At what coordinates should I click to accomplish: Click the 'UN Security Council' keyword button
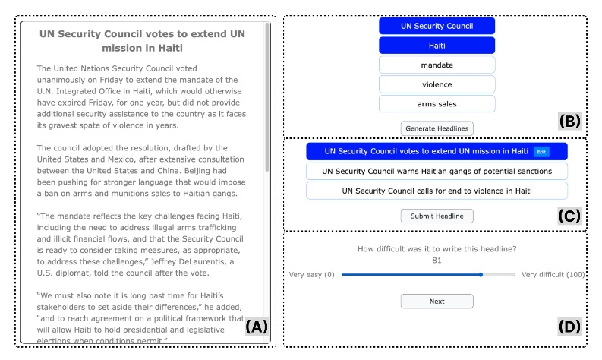(x=437, y=26)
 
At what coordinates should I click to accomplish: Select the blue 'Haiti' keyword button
(x=437, y=46)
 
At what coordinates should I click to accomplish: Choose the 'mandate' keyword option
(x=437, y=65)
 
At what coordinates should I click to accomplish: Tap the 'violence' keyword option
(x=437, y=84)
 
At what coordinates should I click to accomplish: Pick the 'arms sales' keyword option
(x=437, y=103)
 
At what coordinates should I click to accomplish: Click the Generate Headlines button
(x=437, y=128)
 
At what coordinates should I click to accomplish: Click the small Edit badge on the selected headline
(x=541, y=152)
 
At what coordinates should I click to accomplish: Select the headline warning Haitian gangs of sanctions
(x=437, y=171)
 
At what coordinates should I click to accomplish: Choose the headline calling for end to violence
(x=437, y=191)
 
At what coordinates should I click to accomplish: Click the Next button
(x=437, y=301)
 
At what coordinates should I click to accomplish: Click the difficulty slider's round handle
(x=481, y=274)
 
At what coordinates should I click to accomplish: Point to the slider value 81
(x=437, y=261)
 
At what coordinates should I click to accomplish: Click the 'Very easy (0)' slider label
(x=311, y=274)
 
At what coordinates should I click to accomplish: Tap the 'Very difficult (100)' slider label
(x=553, y=274)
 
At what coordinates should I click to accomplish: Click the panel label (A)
(x=257, y=327)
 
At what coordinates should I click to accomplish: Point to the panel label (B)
(x=569, y=121)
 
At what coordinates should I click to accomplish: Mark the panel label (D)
(x=569, y=327)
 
